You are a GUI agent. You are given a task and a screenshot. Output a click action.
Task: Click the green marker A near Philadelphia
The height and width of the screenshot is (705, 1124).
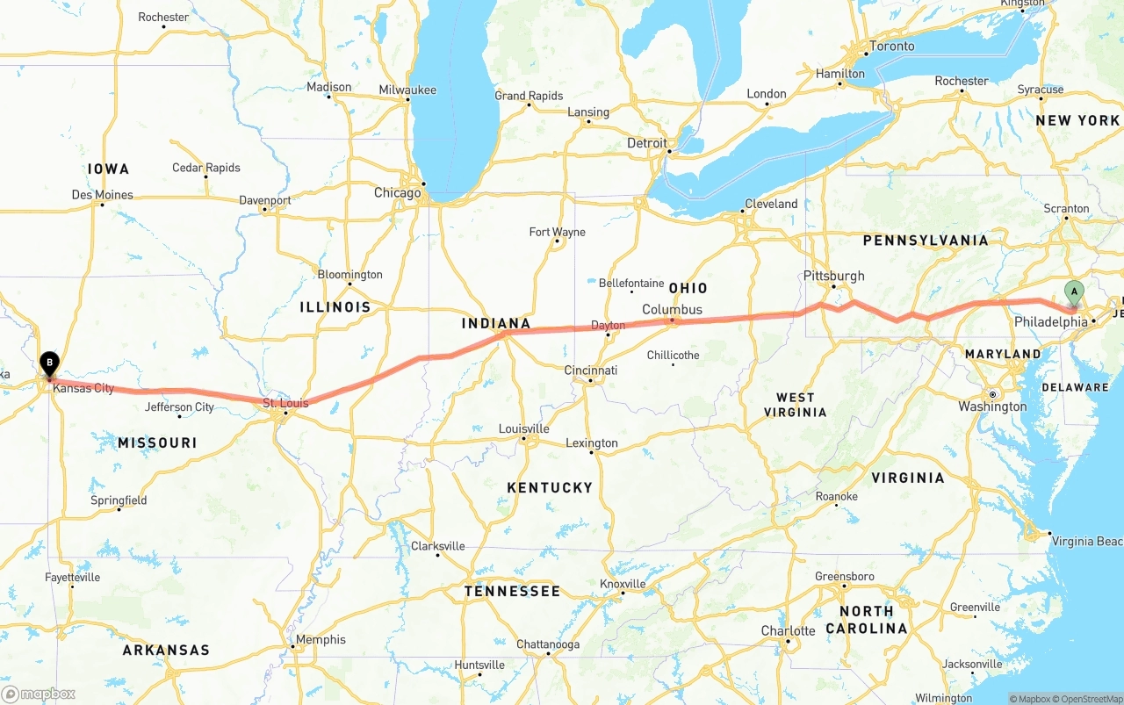1073,293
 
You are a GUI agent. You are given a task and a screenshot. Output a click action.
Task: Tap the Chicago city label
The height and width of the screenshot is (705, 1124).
397,193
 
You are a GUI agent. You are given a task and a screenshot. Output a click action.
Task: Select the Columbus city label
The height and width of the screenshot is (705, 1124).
672,309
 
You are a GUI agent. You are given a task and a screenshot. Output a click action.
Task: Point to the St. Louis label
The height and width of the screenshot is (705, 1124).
285,403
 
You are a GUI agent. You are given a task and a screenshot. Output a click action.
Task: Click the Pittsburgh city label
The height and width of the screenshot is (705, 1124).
833,276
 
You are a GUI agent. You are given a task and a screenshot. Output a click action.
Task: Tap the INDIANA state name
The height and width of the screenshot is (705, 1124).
496,323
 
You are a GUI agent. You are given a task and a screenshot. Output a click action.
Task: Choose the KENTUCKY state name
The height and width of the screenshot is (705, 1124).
550,487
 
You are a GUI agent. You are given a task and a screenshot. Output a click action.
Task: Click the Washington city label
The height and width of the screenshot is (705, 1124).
992,406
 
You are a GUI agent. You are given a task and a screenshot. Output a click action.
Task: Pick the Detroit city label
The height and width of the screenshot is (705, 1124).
647,143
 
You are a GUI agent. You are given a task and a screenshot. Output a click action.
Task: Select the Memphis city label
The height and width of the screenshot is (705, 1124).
321,639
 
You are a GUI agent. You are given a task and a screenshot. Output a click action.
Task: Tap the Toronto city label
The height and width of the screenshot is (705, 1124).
891,46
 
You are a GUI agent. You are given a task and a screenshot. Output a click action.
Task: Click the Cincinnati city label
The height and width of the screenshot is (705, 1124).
590,370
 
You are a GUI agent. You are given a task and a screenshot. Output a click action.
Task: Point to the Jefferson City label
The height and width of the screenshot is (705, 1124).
179,406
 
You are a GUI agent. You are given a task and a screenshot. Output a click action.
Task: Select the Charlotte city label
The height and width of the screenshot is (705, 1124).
788,631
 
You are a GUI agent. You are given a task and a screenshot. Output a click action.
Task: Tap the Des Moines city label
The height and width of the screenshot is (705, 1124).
102,194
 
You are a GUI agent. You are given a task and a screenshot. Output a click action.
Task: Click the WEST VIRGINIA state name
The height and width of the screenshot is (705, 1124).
795,405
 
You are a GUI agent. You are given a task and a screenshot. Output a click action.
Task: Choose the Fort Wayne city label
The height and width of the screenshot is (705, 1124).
557,232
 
